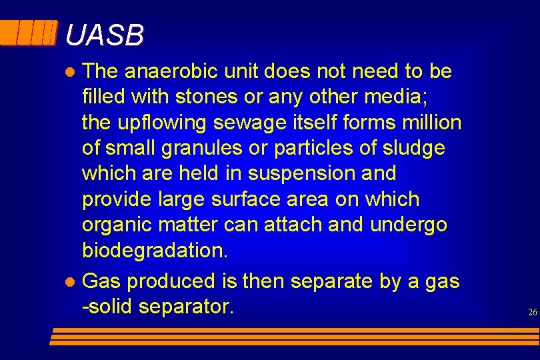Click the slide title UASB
tap(105, 36)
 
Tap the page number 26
tap(532, 312)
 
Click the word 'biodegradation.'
tap(155, 251)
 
